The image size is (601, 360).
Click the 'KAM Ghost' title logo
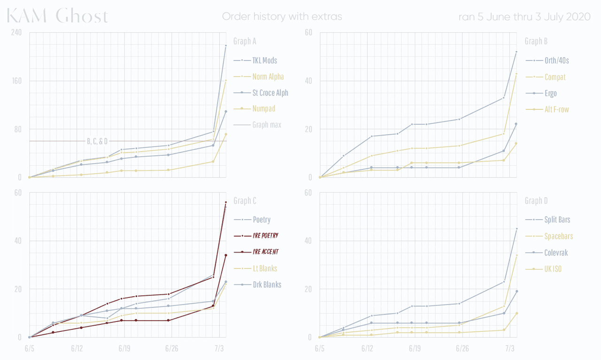pyautogui.click(x=57, y=16)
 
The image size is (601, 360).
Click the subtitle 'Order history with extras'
pyautogui.click(x=282, y=16)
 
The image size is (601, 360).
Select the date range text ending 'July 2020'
pyautogui.click(x=524, y=16)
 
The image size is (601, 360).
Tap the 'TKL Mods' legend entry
pyautogui.click(x=264, y=61)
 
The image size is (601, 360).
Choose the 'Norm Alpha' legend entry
pyautogui.click(x=268, y=77)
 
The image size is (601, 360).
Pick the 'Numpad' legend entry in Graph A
pyautogui.click(x=263, y=108)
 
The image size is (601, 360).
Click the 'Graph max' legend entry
pyautogui.click(x=267, y=125)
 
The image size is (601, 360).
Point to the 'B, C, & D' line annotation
pyautogui.click(x=97, y=141)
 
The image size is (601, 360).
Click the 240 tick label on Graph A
pyautogui.click(x=16, y=32)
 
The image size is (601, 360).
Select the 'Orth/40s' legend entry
pyautogui.click(x=556, y=61)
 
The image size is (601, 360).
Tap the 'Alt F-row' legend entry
pyautogui.click(x=557, y=109)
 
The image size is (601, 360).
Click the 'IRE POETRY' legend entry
pyautogui.click(x=266, y=236)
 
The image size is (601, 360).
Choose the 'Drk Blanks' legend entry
pyautogui.click(x=267, y=284)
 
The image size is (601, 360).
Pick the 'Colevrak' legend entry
pyautogui.click(x=556, y=253)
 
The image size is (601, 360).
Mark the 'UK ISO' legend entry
pyautogui.click(x=553, y=269)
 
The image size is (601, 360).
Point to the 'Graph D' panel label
pyautogui.click(x=536, y=201)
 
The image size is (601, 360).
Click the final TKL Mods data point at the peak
pyautogui.click(x=226, y=46)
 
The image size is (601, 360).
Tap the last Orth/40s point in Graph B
pyautogui.click(x=516, y=52)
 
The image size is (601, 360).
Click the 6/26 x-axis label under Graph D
pyautogui.click(x=462, y=349)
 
